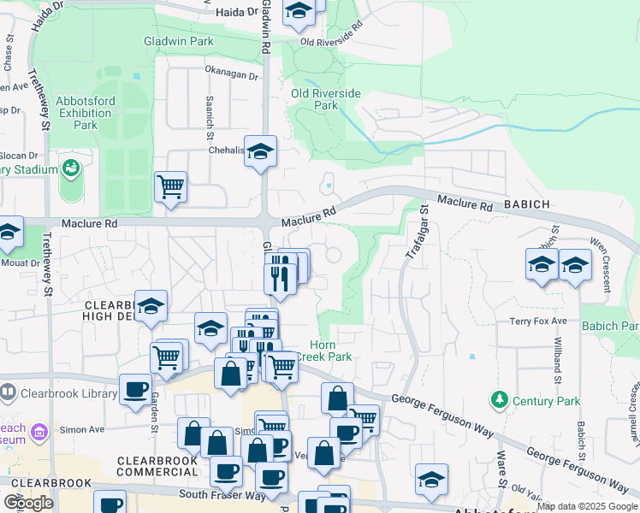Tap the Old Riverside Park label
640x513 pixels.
[326, 99]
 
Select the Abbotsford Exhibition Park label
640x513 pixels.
[86, 113]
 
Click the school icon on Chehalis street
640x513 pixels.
[260, 152]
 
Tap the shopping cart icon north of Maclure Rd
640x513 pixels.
[170, 186]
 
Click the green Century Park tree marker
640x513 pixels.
[498, 400]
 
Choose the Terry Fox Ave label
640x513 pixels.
[538, 321]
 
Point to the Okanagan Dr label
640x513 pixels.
[231, 75]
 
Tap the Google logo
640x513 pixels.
[28, 503]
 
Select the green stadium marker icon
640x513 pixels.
[70, 167]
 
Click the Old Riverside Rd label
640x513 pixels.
[332, 42]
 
